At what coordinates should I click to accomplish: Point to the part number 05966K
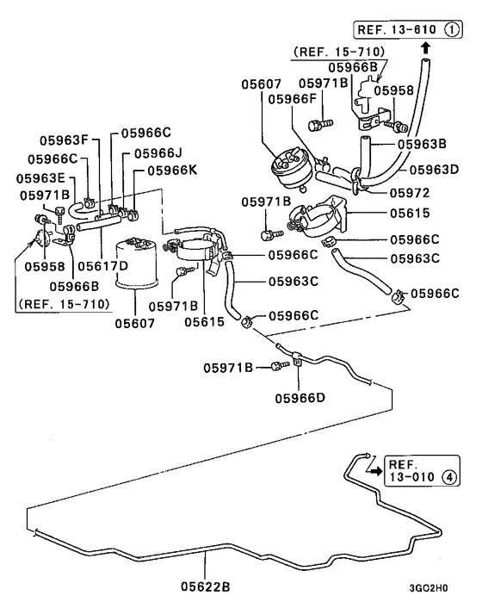(170, 170)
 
